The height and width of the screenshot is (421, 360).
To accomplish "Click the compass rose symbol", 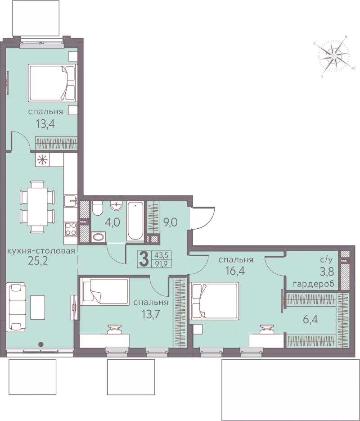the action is point(334,56).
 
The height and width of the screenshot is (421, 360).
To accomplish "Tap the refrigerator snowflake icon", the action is point(42,160).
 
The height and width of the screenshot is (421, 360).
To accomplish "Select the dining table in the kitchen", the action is point(37,207).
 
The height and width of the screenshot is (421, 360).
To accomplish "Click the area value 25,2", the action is point(38,261).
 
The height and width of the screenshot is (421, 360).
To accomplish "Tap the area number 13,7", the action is point(150,313).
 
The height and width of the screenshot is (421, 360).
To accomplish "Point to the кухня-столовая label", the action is point(41,251).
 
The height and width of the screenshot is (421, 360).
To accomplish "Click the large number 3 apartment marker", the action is point(144,259).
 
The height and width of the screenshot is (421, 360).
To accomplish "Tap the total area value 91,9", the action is point(161,264).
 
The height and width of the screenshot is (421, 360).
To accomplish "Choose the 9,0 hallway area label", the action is point(171,222).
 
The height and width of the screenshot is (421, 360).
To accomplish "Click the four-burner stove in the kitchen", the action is point(71,230).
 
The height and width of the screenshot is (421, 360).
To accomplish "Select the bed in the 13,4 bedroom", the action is point(53,83).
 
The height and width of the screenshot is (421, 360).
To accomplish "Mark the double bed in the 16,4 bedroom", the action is point(214,301).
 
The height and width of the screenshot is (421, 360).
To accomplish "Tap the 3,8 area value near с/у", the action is point(326,272).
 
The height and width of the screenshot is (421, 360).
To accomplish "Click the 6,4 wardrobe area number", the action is point(310,320).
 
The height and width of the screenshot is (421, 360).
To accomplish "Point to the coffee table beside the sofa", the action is point(37,308).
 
